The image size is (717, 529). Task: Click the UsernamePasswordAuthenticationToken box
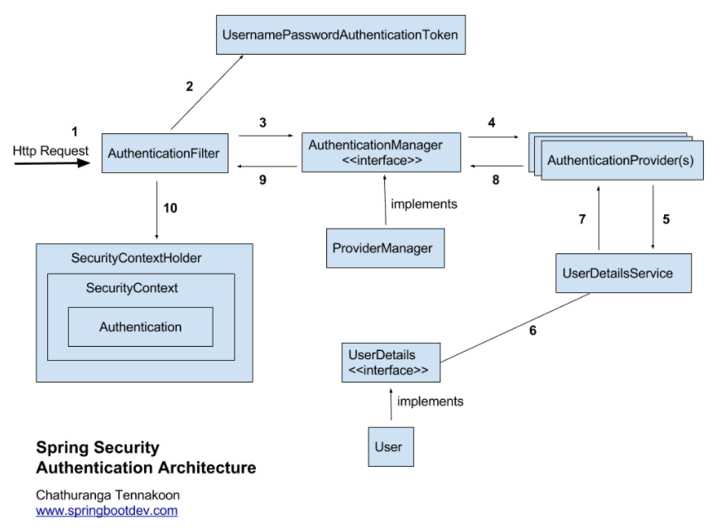340,36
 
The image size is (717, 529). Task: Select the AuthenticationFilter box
165,153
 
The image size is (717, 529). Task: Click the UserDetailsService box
623,272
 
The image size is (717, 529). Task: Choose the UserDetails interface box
391,363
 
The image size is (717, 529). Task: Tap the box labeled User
389,446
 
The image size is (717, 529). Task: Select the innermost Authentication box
140,327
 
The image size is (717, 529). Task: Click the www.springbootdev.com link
106,510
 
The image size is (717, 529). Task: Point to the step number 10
170,208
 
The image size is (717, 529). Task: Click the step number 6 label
532,330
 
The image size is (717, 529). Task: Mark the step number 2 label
189,86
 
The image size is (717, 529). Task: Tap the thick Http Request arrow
50,164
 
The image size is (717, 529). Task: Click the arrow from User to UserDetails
389,405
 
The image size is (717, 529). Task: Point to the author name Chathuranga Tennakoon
108,494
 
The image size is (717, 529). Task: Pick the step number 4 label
491,123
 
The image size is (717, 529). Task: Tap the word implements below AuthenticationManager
424,203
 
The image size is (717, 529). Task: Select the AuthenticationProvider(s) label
620,160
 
